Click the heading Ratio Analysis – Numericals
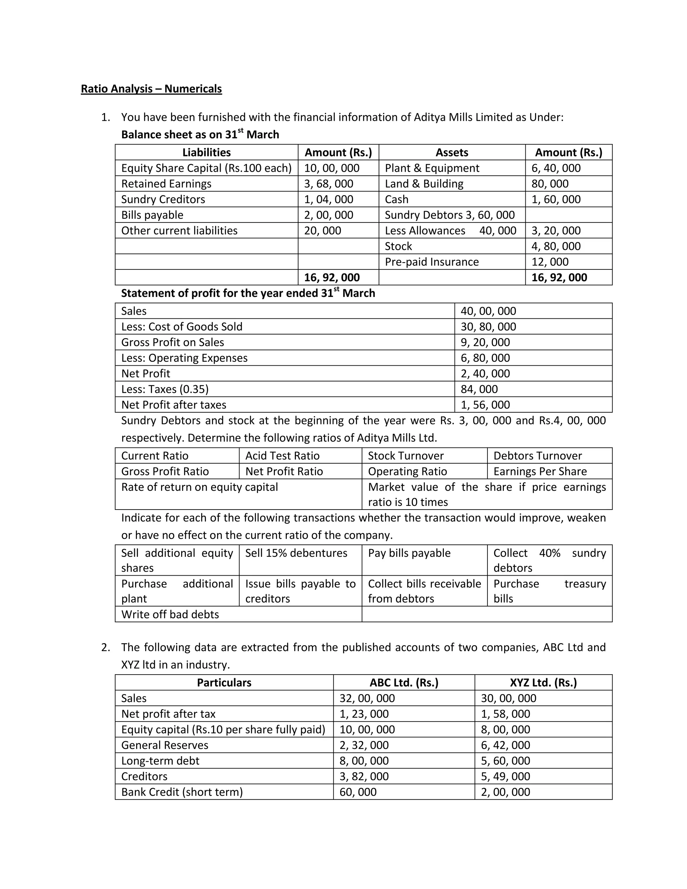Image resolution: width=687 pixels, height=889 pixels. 151,89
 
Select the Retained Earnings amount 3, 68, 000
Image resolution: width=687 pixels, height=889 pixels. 328,184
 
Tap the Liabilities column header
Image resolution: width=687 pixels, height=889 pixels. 206,152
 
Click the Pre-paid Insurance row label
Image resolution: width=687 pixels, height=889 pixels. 431,262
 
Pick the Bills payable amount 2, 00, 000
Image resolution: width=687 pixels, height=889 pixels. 328,215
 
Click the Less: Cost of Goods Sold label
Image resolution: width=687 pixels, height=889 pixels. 181,326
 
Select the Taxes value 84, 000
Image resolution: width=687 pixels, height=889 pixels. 479,389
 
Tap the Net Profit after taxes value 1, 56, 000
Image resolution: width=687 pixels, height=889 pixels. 485,405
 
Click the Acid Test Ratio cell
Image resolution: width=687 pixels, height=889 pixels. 282,456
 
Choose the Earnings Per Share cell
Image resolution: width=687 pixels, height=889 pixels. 540,471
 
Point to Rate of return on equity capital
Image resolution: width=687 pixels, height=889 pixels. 200,487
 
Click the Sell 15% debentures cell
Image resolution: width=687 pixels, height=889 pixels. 296,553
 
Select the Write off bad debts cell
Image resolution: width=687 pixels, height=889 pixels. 170,614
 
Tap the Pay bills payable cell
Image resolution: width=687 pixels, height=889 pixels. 409,553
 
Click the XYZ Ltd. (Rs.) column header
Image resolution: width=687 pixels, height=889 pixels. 543,683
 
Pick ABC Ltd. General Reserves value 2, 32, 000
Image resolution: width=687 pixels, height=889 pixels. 364,745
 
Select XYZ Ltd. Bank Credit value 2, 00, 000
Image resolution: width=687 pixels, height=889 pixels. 505,792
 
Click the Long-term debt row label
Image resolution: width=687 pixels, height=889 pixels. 160,761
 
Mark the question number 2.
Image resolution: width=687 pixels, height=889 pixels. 105,647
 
